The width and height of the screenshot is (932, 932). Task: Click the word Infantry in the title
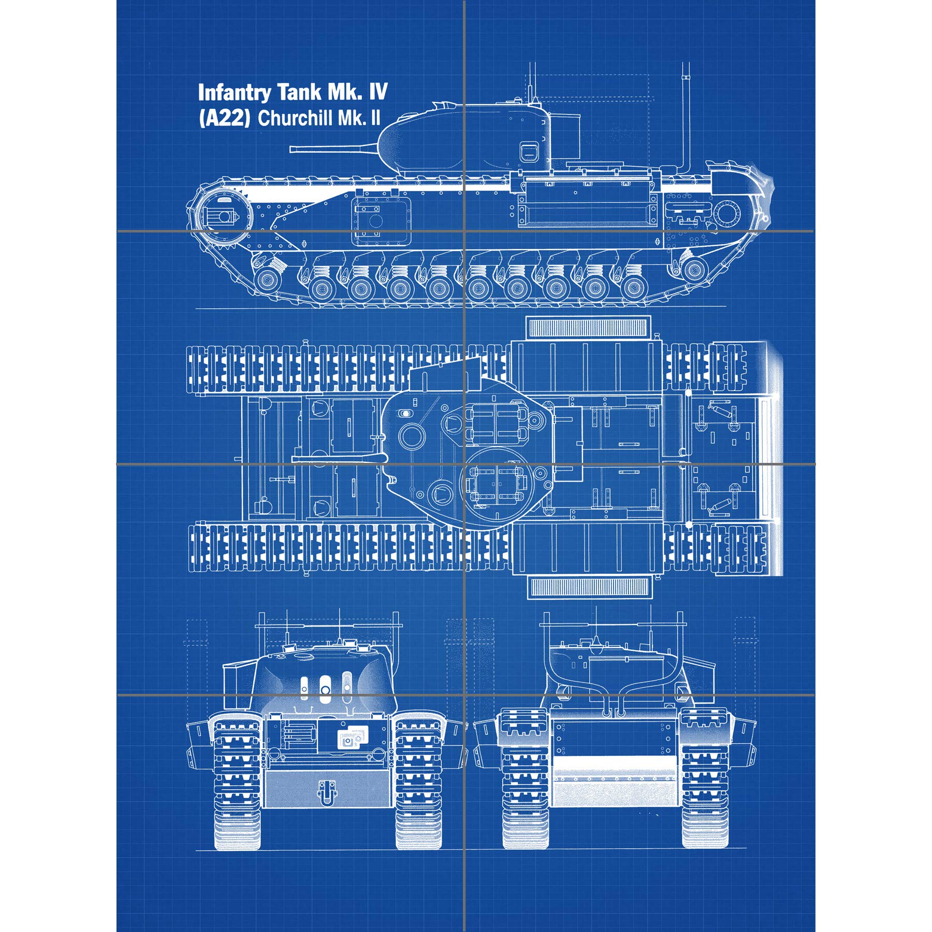click(235, 93)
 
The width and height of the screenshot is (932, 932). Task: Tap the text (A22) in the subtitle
click(224, 119)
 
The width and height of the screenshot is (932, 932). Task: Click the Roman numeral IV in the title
click(378, 92)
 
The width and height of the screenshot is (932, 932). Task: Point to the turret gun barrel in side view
click(331, 149)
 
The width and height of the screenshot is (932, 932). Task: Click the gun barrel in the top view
click(337, 458)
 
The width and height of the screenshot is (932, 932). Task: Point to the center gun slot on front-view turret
click(325, 689)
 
